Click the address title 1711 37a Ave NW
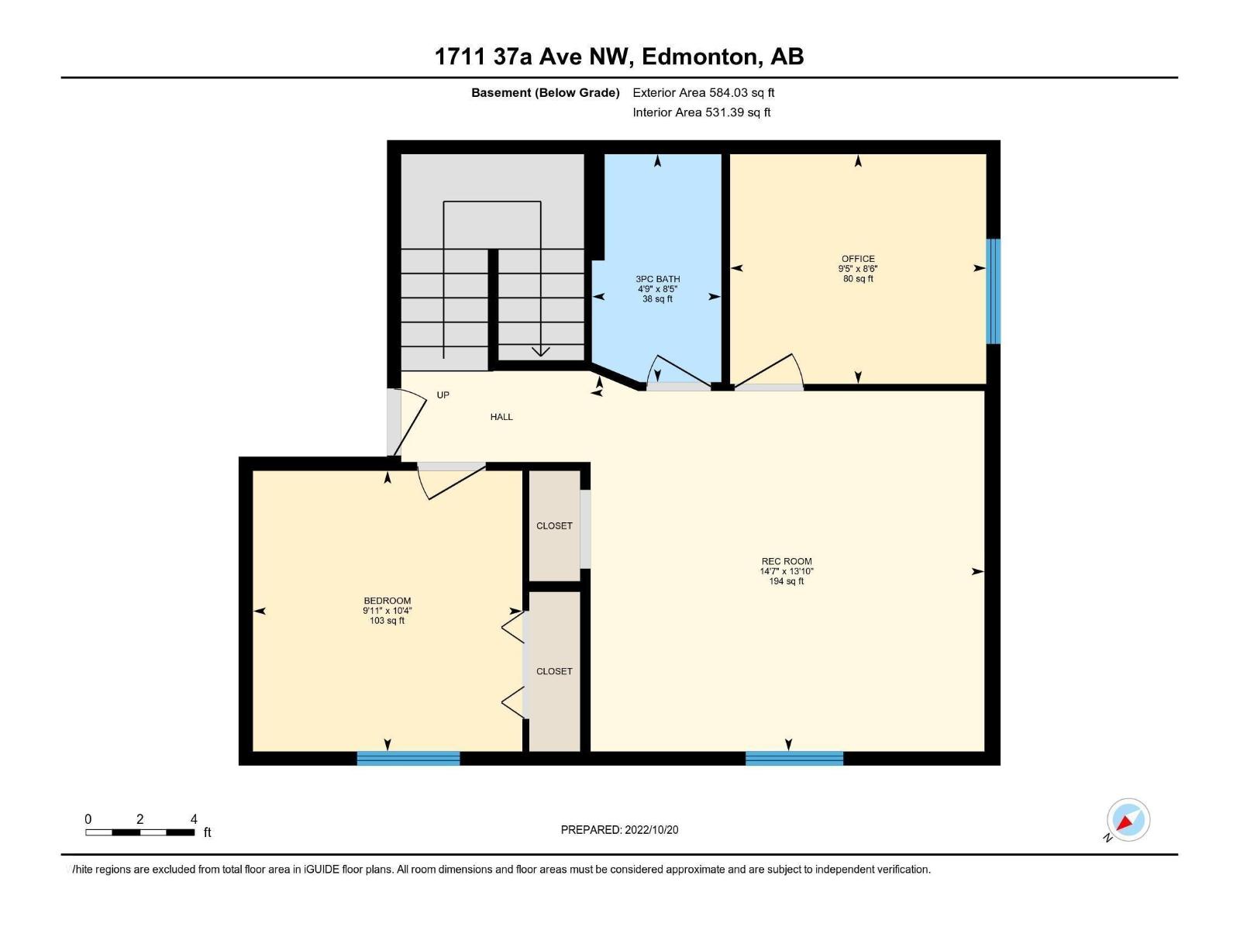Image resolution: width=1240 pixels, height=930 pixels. coord(618,57)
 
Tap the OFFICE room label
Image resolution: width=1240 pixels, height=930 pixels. coord(858,259)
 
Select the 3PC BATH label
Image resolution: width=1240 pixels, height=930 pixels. coord(657,279)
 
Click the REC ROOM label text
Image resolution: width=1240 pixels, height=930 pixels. coord(787,561)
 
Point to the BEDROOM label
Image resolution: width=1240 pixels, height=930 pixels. coord(387,601)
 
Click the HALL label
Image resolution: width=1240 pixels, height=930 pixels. coord(501,417)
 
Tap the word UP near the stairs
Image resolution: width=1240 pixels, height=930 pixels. coord(443,394)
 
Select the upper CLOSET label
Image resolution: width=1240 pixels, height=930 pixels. coord(554,525)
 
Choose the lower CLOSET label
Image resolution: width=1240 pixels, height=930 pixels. coord(554,671)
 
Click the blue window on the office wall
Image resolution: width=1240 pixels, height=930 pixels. coord(993,291)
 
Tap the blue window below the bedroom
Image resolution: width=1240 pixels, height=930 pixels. coord(408,758)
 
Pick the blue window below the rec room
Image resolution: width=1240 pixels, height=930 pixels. coord(794,758)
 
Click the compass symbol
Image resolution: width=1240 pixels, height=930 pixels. coord(1128,820)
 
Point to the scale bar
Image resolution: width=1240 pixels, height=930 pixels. coord(140,832)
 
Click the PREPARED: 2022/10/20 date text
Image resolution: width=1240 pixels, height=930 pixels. coord(619,829)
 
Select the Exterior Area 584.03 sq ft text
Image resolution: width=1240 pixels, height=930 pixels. coord(703,92)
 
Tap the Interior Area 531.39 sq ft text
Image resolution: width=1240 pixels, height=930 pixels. coord(701,112)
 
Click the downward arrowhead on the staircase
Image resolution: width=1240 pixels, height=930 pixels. coord(540,352)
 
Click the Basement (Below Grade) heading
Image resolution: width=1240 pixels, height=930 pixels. coord(545,92)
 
